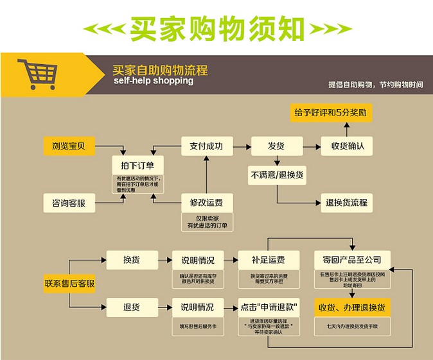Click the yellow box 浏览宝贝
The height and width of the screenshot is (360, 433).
[69, 146]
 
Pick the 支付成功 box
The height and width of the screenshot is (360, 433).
[206, 146]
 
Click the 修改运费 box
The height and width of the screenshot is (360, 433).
[206, 203]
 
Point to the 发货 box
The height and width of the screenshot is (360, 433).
[276, 146]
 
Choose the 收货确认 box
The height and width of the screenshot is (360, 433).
[348, 146]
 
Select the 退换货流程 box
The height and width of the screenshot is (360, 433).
[347, 203]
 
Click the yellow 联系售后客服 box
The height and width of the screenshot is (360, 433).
[69, 283]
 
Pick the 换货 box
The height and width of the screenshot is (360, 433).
[132, 259]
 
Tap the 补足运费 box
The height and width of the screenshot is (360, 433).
[268, 259]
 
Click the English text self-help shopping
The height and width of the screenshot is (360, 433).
[153, 81]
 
